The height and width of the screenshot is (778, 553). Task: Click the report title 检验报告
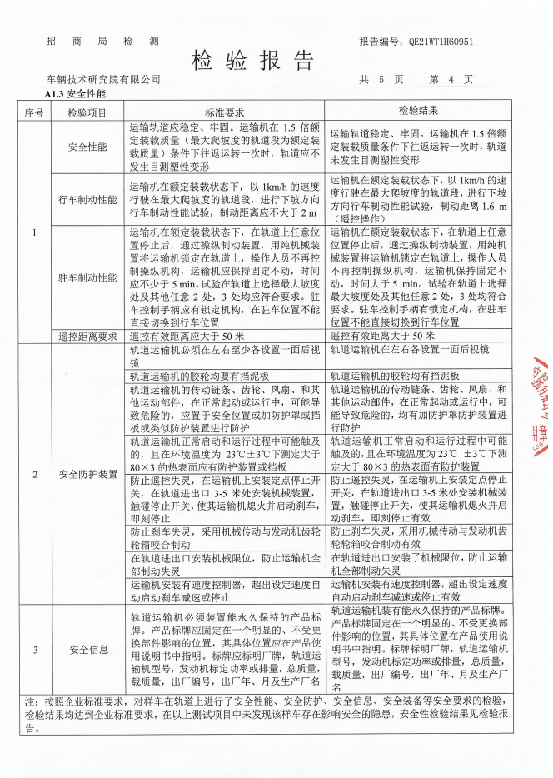[x=255, y=60]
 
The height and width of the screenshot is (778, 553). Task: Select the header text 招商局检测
[x=102, y=40]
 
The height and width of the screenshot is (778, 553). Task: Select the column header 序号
[x=34, y=112]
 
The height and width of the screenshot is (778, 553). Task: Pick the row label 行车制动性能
[x=87, y=200]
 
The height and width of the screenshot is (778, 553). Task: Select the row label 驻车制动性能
[x=87, y=277]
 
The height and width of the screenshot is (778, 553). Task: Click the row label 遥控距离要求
[x=87, y=336]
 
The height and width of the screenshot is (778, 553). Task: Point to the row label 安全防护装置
[x=87, y=474]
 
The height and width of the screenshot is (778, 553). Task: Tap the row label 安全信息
[x=87, y=649]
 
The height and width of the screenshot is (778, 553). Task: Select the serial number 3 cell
[x=34, y=649]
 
